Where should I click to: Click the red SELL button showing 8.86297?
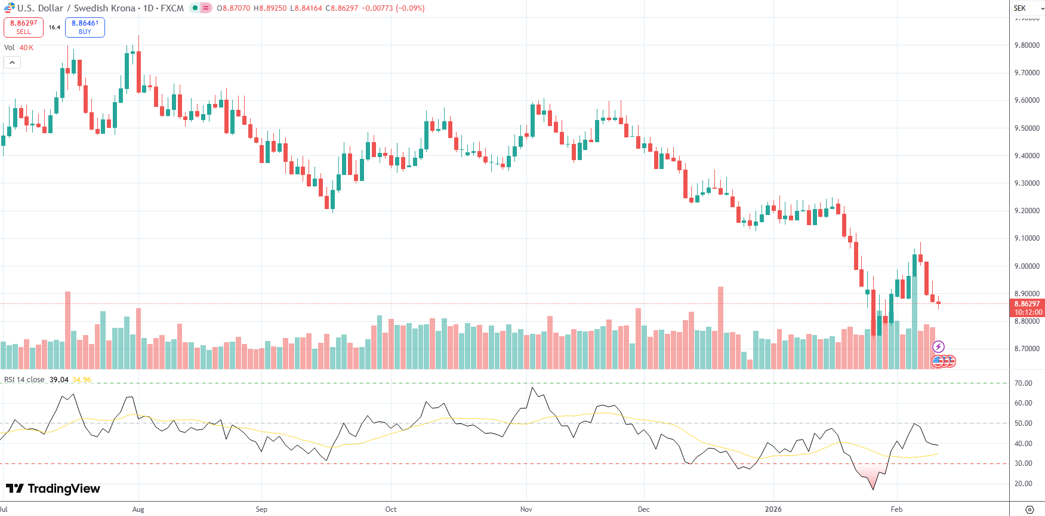(23, 27)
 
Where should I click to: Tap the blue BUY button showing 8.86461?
(85, 27)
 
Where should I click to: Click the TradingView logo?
(53, 489)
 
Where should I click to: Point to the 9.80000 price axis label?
(1027, 45)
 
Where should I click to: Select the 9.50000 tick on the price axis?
(1027, 128)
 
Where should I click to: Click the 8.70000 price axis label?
(1027, 349)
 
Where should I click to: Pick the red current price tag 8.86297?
(1027, 304)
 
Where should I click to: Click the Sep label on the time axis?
(261, 509)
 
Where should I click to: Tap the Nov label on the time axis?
(526, 509)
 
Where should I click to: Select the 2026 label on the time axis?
(773, 509)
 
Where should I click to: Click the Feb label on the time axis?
(896, 509)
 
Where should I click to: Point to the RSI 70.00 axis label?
(1024, 383)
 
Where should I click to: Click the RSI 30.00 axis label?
(1024, 463)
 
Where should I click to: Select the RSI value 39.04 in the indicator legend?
(58, 380)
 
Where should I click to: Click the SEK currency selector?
(1027, 8)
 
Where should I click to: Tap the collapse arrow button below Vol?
(12, 63)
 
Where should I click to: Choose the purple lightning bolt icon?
(938, 347)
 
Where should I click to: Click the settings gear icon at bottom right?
(1029, 509)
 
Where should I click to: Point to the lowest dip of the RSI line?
(873, 490)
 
